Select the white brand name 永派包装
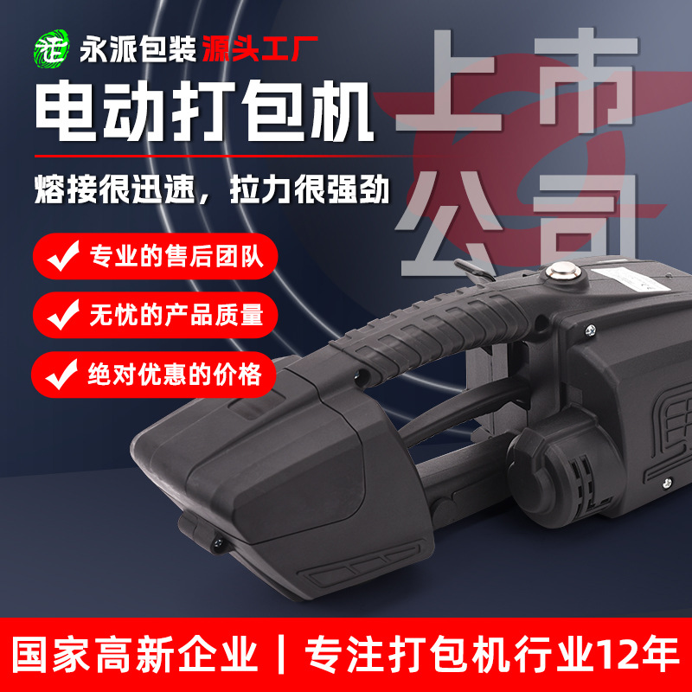tap(133, 48)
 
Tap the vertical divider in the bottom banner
tap(279, 654)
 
